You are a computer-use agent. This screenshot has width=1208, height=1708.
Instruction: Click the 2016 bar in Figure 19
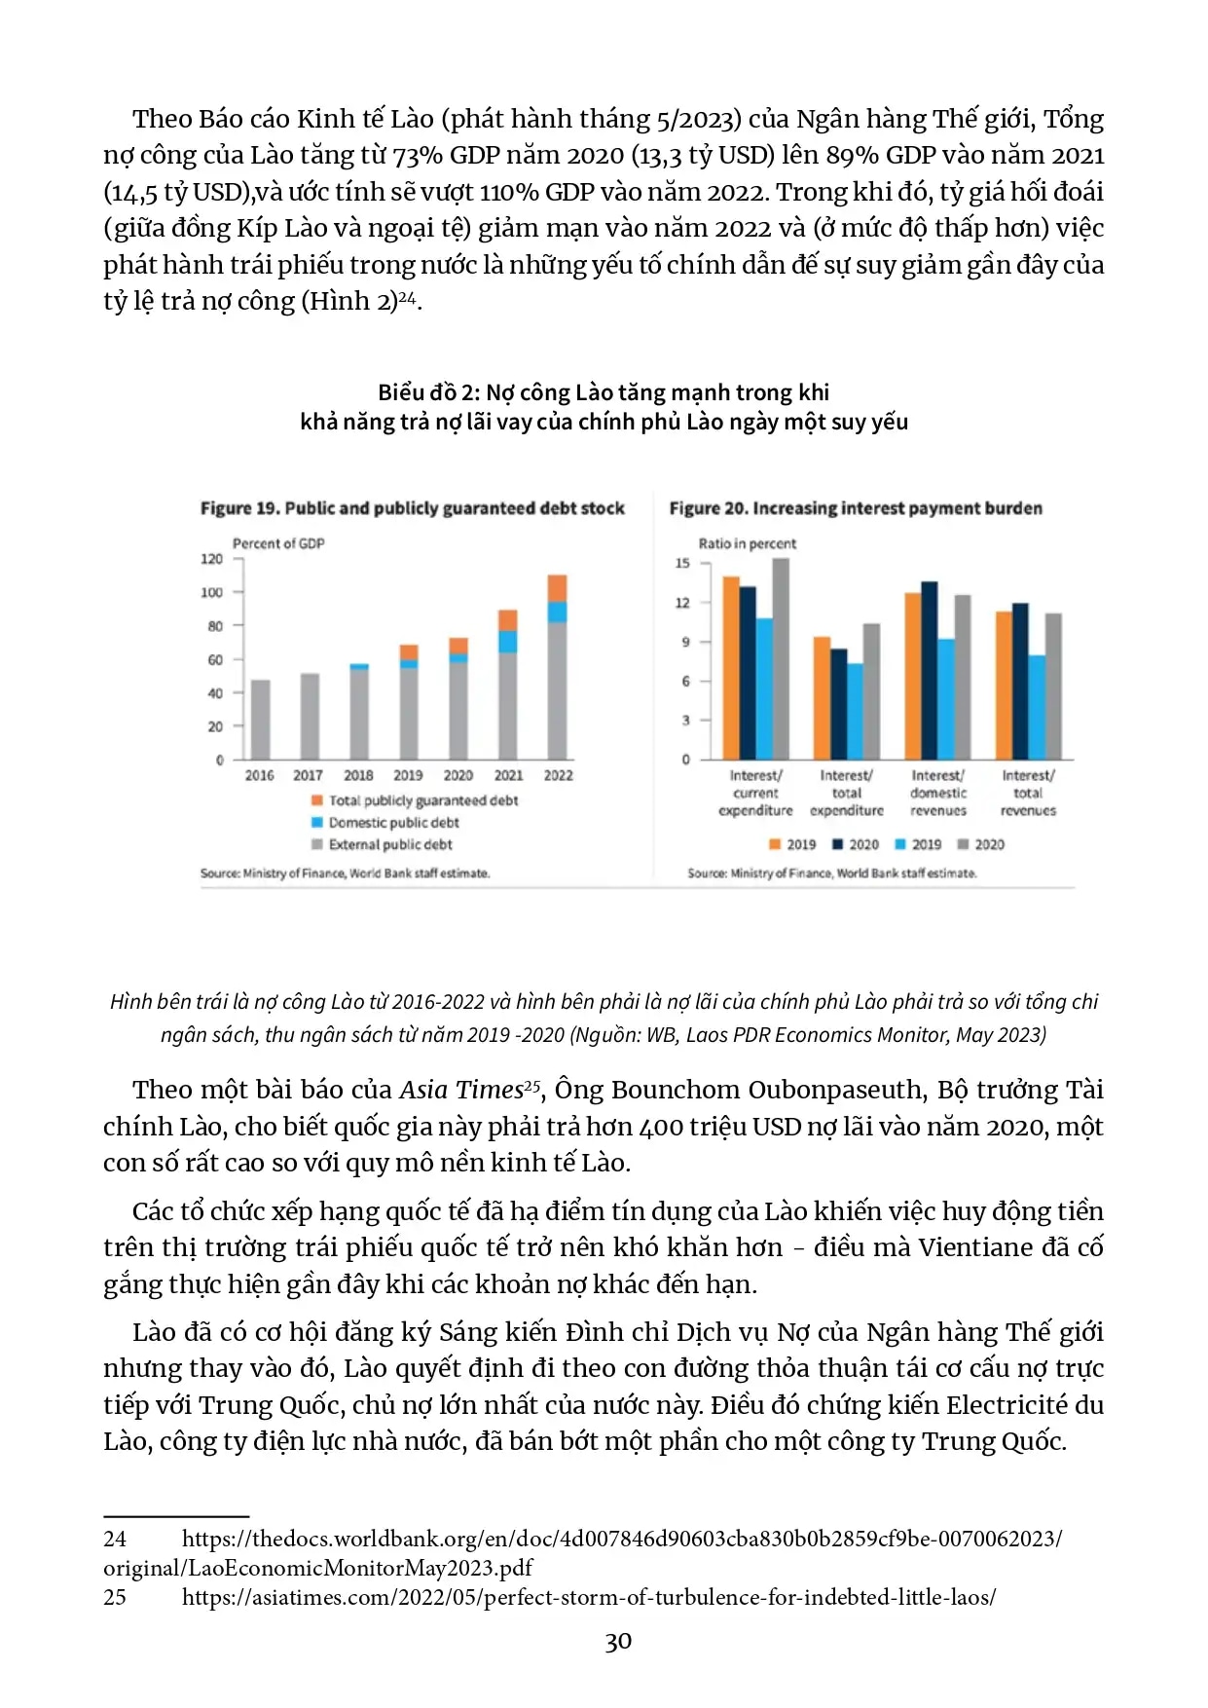(260, 719)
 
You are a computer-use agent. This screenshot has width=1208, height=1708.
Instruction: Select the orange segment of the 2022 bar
(557, 588)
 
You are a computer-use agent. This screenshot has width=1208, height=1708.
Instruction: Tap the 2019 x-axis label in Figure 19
(408, 775)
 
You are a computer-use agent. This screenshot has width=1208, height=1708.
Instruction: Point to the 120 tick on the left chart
(211, 559)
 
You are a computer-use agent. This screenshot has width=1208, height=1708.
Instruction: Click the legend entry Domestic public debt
(393, 823)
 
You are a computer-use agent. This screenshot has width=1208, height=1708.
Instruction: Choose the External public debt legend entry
(389, 844)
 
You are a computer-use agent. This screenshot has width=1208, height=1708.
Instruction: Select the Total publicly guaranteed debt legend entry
(422, 800)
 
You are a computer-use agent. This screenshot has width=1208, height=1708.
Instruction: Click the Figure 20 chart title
(855, 508)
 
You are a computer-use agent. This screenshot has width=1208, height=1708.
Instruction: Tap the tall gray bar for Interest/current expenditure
(780, 658)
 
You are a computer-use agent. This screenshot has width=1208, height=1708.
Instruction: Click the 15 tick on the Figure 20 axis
(682, 564)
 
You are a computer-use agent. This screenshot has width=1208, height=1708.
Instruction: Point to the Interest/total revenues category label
(1028, 793)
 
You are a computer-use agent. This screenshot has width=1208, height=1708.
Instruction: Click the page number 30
(618, 1643)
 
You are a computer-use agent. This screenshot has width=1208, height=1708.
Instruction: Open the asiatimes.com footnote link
(588, 1597)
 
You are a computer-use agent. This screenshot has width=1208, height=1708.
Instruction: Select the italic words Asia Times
(461, 1090)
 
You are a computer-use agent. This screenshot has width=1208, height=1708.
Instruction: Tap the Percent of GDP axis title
(278, 543)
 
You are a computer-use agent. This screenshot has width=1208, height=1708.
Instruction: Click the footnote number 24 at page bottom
(115, 1539)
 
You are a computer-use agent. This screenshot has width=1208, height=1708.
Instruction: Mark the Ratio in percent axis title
(747, 543)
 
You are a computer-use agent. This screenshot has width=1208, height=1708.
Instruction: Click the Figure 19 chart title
(412, 508)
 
